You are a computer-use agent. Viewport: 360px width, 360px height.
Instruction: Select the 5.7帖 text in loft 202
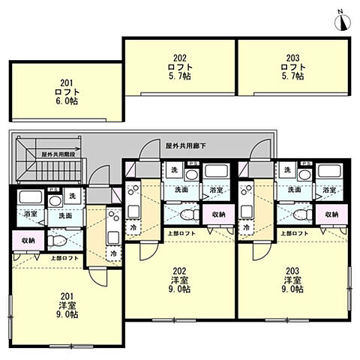tap(179, 76)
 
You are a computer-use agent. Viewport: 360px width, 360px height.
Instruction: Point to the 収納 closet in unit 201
tap(27, 241)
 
